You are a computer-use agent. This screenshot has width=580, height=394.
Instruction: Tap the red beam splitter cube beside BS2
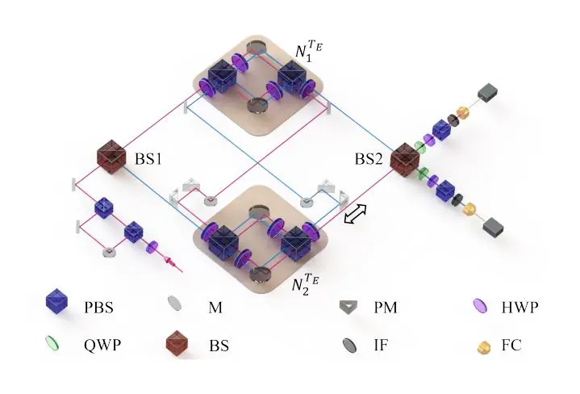(x=403, y=157)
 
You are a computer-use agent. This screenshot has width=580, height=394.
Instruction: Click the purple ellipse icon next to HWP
(x=478, y=306)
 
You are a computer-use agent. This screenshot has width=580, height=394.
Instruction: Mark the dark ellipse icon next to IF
(x=353, y=345)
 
